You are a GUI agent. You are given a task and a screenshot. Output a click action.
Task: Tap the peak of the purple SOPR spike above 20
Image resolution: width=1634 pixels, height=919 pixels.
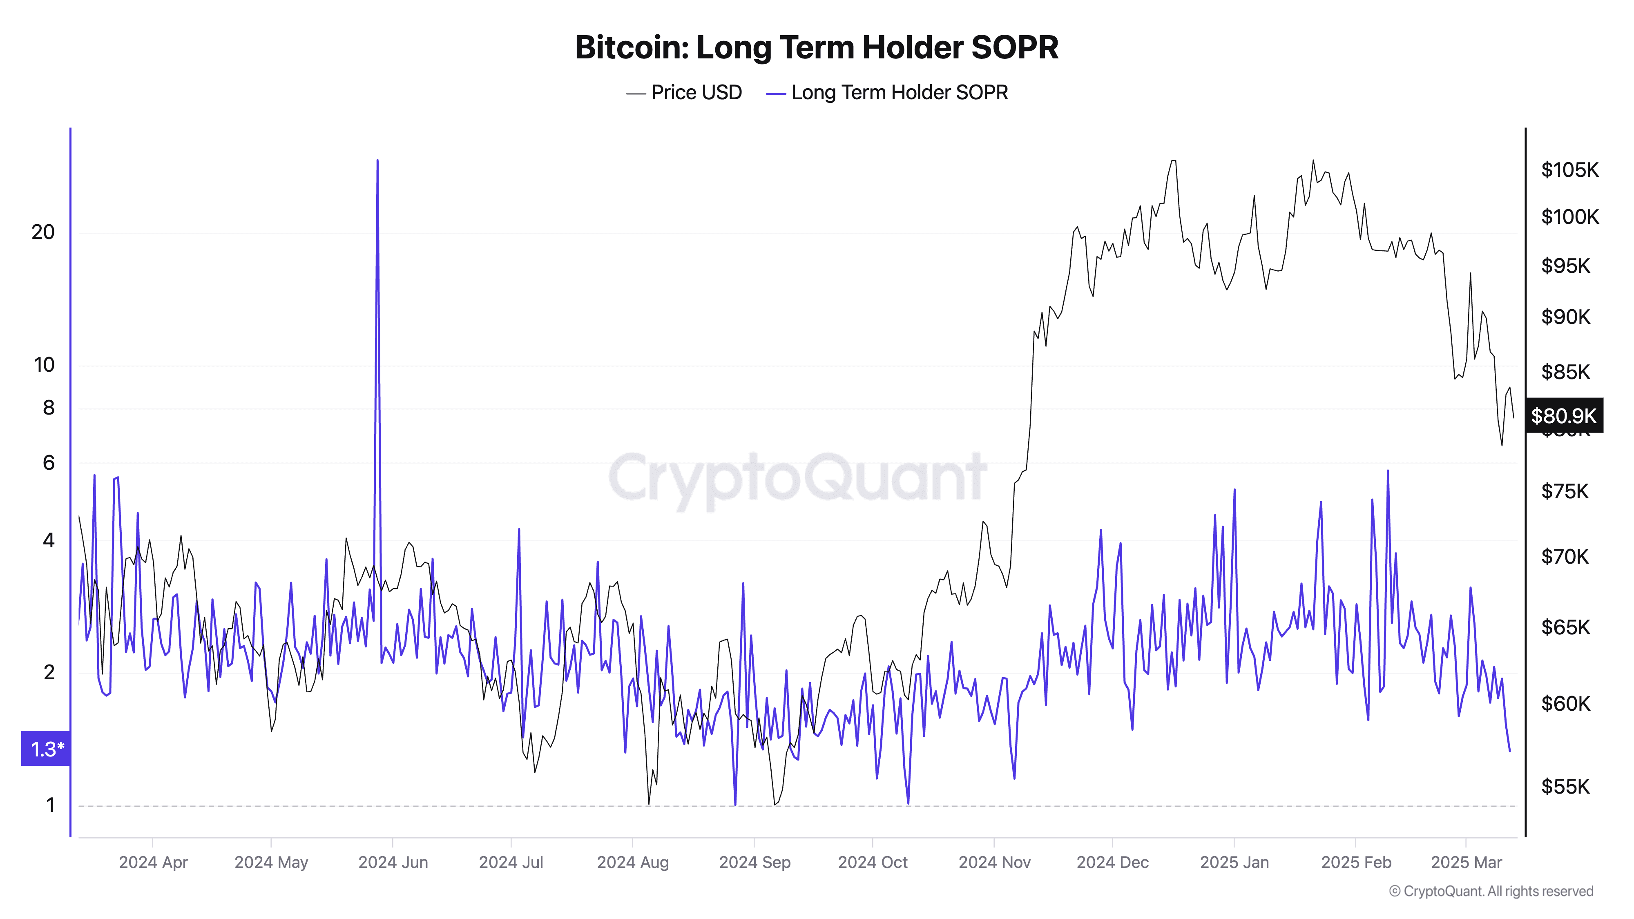(x=377, y=161)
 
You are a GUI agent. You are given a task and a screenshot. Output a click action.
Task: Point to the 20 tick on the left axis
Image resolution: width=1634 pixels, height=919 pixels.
(x=43, y=232)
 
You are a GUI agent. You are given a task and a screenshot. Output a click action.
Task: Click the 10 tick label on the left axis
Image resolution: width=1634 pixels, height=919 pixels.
(x=44, y=365)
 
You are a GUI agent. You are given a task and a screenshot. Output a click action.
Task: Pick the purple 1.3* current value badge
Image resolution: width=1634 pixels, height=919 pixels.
(x=46, y=749)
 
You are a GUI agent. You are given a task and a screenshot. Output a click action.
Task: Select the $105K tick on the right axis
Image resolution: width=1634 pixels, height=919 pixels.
(x=1570, y=170)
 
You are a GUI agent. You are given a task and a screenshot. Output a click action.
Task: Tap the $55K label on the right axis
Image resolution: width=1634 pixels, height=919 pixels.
(x=1565, y=786)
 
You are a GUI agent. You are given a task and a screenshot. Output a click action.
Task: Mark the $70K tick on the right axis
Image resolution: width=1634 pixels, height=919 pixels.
(x=1565, y=557)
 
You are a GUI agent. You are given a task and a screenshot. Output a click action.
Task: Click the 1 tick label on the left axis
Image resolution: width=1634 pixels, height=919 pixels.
(x=50, y=805)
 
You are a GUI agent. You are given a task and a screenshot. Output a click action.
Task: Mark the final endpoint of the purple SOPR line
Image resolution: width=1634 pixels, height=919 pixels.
(x=1510, y=751)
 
